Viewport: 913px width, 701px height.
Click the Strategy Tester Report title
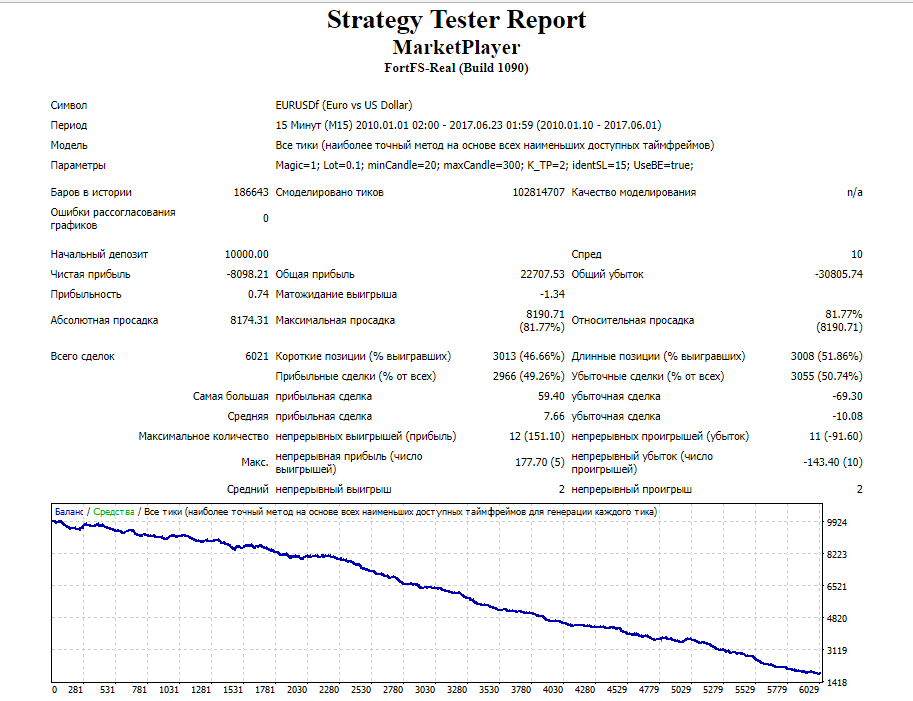pyautogui.click(x=456, y=20)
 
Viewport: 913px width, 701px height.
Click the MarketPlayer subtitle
pyautogui.click(x=456, y=47)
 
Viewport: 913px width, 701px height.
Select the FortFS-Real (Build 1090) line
pyautogui.click(x=456, y=68)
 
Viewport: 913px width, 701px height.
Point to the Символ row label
pyautogui.click(x=69, y=105)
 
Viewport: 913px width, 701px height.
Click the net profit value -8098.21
pyautogui.click(x=247, y=274)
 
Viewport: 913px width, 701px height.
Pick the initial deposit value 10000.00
pyautogui.click(x=247, y=254)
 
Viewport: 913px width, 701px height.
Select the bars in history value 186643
pyautogui.click(x=251, y=192)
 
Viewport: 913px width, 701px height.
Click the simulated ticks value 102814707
pyautogui.click(x=539, y=192)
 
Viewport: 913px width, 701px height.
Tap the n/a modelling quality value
pyautogui.click(x=855, y=192)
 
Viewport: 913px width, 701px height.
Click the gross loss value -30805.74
pyautogui.click(x=838, y=274)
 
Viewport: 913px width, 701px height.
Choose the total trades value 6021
pyautogui.click(x=257, y=356)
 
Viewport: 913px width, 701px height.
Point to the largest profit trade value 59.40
pyautogui.click(x=551, y=396)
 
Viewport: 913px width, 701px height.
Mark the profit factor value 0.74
pyautogui.click(x=259, y=295)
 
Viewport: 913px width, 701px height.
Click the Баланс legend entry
pyautogui.click(x=69, y=512)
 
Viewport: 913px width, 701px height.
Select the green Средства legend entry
pyautogui.click(x=114, y=512)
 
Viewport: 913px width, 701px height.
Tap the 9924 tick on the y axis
pyautogui.click(x=837, y=523)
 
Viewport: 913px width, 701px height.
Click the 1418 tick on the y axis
pyautogui.click(x=837, y=682)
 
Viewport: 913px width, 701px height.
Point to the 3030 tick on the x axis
pyautogui.click(x=424, y=690)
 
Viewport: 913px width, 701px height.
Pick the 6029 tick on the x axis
pyautogui.click(x=809, y=690)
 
